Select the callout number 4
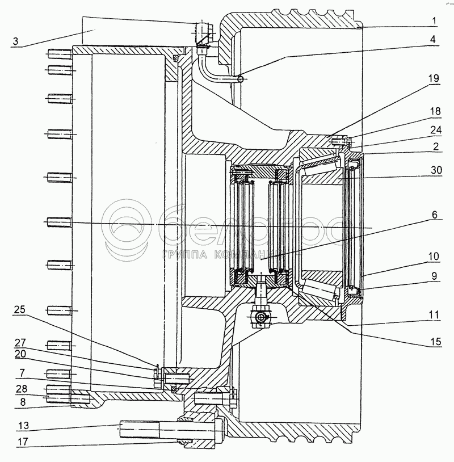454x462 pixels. [x=432, y=39]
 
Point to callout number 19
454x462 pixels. [x=434, y=79]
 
